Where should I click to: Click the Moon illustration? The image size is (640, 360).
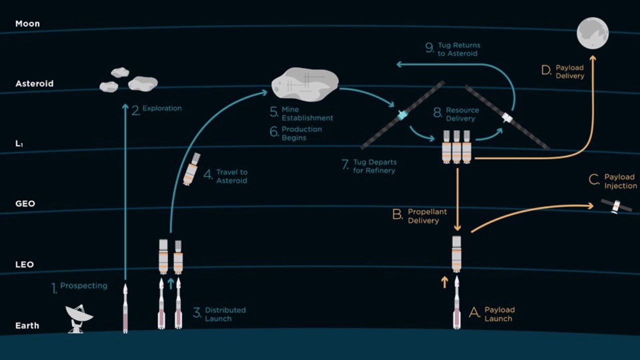click(x=592, y=32)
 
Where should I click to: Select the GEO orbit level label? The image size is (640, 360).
click(x=25, y=204)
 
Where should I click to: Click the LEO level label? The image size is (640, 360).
click(x=24, y=264)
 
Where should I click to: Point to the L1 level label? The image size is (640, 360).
click(x=19, y=144)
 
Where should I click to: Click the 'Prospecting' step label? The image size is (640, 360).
click(x=83, y=286)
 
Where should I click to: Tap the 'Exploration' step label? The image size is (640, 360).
click(x=161, y=108)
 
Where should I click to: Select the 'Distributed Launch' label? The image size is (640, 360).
click(x=225, y=314)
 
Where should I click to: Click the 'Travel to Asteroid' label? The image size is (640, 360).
click(x=231, y=176)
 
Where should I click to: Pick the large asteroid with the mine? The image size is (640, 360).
click(x=304, y=83)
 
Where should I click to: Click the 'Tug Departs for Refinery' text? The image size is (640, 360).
click(x=374, y=166)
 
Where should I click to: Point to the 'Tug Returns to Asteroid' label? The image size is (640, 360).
click(x=458, y=49)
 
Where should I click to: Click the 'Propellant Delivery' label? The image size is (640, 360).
click(x=426, y=216)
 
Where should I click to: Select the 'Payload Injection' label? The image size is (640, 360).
click(x=620, y=181)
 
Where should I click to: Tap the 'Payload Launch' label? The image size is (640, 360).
click(x=499, y=314)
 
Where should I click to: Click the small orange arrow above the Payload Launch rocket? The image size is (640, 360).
click(x=444, y=282)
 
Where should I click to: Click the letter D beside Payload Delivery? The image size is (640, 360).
click(x=546, y=70)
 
